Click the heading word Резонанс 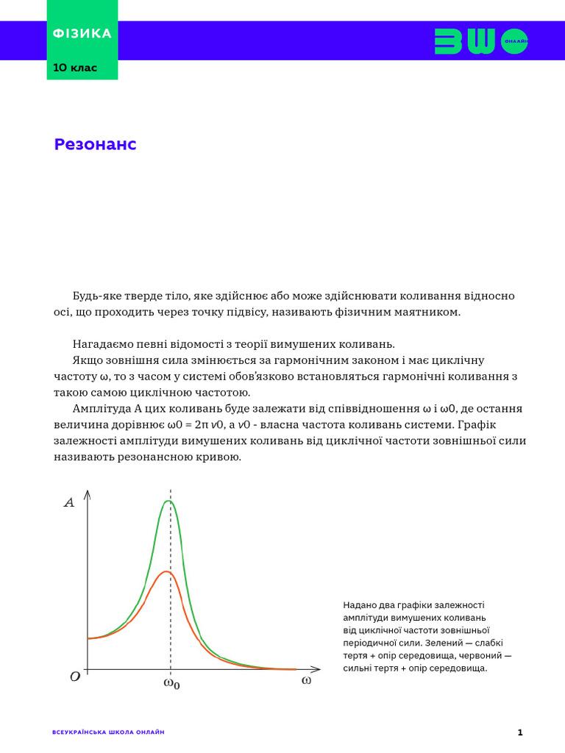point(95,145)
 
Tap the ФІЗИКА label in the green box point(82,34)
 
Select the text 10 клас point(74,68)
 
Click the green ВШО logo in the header point(481,41)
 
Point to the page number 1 point(520,732)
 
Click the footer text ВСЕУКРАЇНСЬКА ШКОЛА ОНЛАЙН point(109,732)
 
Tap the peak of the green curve point(170,501)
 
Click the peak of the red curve point(168,571)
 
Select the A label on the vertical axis point(70,504)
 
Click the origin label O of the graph point(74,677)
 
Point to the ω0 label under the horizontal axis point(171,684)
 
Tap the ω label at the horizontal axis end point(306,681)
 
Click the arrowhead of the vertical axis point(88,494)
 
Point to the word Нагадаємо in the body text point(100,343)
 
